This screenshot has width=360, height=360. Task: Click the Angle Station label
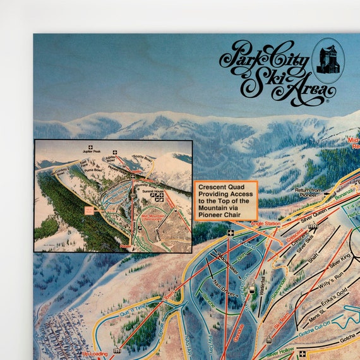tap(265, 223)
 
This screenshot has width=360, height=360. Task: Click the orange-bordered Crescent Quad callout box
tap(225, 200)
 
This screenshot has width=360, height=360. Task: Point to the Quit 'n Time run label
tap(133, 307)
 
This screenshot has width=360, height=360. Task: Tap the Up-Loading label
tap(95, 354)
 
